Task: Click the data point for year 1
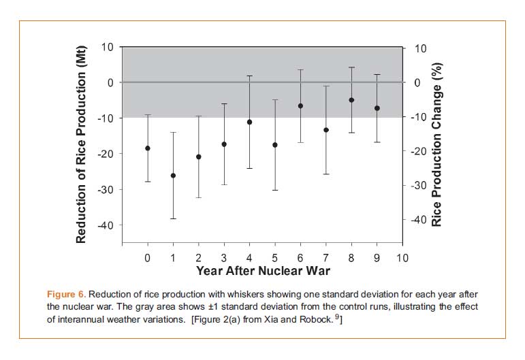click(x=173, y=176)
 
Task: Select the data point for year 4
click(x=249, y=122)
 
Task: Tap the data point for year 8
click(x=351, y=100)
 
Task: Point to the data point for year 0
click(x=148, y=148)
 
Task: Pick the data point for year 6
click(x=300, y=106)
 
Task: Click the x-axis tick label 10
click(x=402, y=259)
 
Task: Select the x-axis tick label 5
click(x=275, y=259)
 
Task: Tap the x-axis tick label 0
click(x=148, y=259)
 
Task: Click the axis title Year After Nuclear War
click(x=264, y=271)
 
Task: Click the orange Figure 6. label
click(x=66, y=295)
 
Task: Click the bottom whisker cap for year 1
click(x=173, y=218)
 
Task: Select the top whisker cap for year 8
click(x=351, y=67)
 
